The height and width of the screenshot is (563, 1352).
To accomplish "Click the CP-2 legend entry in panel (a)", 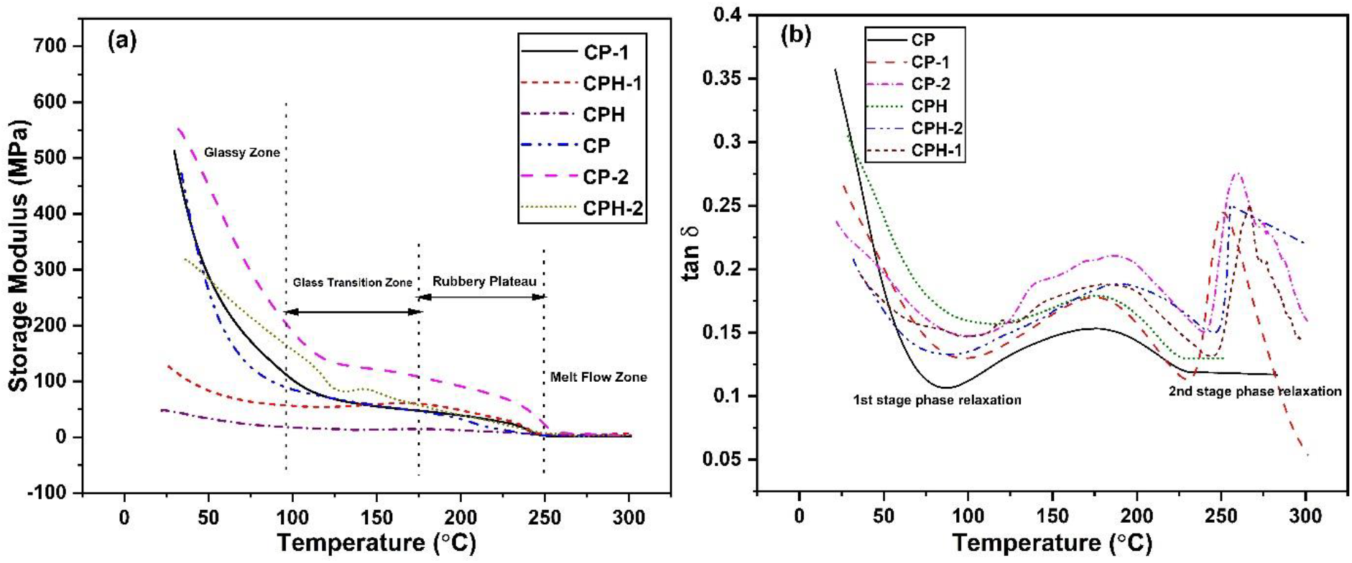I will [606, 177].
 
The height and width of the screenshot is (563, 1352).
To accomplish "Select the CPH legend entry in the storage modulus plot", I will [603, 115].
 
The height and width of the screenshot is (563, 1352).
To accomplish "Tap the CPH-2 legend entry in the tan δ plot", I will [937, 129].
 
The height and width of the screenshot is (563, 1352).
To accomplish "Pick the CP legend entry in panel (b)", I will [923, 40].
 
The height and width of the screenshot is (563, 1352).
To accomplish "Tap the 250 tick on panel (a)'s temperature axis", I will [545, 518].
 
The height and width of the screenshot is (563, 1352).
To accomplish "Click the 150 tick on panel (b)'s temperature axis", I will [1052, 516].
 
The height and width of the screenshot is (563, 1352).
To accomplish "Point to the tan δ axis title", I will [690, 252].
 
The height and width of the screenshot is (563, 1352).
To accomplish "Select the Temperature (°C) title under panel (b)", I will [1052, 543].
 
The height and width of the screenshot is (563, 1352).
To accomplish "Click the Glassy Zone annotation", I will [241, 152].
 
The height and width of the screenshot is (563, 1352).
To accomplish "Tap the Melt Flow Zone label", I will [598, 377].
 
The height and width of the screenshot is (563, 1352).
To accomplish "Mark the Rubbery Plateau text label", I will [484, 281].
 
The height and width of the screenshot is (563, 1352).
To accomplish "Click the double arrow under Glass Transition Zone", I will [353, 312].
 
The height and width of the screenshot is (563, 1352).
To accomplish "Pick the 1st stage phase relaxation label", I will [937, 400].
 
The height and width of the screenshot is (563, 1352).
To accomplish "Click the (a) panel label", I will [121, 40].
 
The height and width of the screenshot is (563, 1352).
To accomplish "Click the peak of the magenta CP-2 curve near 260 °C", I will [1236, 173].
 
